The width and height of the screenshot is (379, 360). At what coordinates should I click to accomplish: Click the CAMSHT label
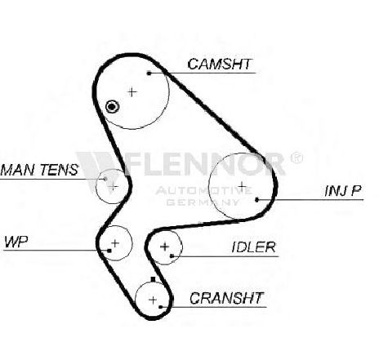click(219, 64)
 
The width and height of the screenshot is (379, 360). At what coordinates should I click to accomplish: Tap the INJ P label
click(343, 191)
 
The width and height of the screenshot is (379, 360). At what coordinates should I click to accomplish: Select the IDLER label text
click(253, 247)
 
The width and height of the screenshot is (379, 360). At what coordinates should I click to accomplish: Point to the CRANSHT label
click(226, 298)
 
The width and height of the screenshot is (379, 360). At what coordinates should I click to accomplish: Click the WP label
click(16, 242)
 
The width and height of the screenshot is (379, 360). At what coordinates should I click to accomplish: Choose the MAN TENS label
click(40, 170)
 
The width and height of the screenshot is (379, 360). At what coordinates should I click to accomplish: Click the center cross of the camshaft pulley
click(132, 92)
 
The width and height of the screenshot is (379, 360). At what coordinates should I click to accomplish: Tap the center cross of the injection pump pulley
click(242, 186)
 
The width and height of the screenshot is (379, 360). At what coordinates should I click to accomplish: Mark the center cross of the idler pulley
click(164, 247)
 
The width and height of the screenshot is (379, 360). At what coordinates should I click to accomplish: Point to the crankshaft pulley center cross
click(153, 300)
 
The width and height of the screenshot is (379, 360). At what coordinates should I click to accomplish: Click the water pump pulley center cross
click(115, 243)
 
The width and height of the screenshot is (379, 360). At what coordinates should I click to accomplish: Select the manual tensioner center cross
click(113, 186)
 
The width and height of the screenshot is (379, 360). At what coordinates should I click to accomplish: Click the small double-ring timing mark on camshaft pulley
click(112, 107)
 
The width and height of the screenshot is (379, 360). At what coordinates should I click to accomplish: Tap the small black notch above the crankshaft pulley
click(153, 279)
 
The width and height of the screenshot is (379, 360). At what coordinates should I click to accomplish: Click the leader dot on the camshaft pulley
click(149, 73)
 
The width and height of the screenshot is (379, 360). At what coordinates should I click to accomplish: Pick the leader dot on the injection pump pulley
click(256, 200)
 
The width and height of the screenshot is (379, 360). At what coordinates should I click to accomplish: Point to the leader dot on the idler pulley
click(172, 256)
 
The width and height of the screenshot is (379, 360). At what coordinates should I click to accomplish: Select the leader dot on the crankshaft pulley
click(161, 307)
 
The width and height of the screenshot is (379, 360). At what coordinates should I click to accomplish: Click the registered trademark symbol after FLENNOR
click(296, 158)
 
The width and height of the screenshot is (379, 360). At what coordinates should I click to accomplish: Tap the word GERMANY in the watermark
click(203, 202)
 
